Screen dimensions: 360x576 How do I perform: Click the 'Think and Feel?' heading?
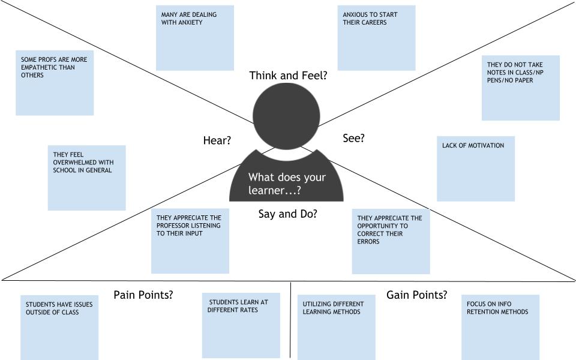288,76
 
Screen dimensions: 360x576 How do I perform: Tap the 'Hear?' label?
217,140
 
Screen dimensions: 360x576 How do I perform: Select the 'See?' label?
353,138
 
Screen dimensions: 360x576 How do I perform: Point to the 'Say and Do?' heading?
287,214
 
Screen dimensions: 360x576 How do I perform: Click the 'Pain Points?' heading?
143,295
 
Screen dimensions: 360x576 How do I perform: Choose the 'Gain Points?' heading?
416,295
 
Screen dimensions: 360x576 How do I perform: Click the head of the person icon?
286,116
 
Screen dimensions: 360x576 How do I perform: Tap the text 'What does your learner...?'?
287,184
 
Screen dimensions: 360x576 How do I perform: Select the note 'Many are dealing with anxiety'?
194,38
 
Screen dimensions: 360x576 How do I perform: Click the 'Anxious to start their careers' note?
376,38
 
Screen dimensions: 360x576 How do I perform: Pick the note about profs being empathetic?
55,82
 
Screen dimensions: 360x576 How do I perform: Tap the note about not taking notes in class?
520,88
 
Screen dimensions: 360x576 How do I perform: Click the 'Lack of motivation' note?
475,169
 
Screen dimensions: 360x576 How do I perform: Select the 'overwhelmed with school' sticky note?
86,178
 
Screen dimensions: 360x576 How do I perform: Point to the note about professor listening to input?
190,241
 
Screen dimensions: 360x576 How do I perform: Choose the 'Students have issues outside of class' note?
59,327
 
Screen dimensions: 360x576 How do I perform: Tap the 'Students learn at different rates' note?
241,325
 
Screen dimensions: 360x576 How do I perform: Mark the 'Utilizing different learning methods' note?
336,327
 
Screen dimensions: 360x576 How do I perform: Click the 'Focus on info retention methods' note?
500,327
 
